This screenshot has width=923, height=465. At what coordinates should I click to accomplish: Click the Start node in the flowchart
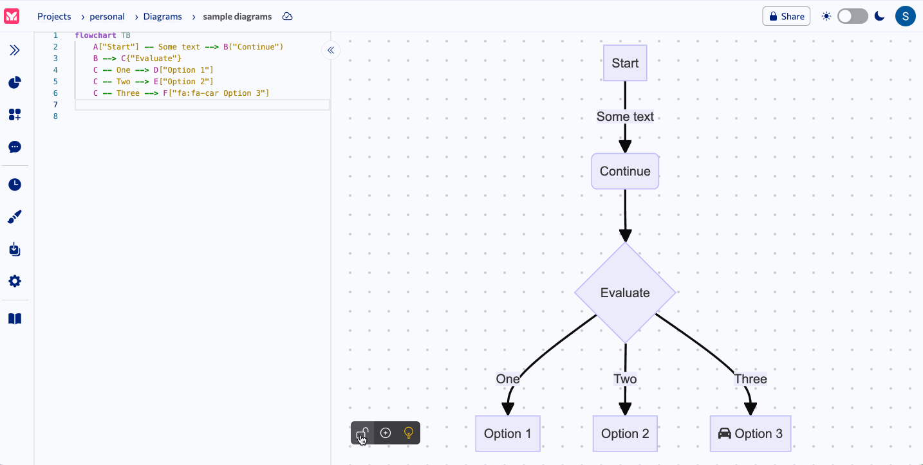[x=624, y=63]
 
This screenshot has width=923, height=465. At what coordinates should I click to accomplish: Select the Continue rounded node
[x=624, y=171]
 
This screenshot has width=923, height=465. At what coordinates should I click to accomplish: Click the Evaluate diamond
[x=624, y=293]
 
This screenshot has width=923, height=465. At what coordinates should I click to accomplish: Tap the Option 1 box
[x=507, y=433]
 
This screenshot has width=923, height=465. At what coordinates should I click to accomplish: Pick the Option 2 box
[x=624, y=433]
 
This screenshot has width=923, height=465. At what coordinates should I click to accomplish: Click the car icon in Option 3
[x=724, y=433]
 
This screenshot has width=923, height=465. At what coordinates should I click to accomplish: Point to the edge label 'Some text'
[x=624, y=116]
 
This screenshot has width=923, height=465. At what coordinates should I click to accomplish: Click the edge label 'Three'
[x=750, y=379]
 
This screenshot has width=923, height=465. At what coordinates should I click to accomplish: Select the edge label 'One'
[x=507, y=379]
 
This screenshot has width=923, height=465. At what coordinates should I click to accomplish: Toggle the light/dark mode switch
[x=852, y=16]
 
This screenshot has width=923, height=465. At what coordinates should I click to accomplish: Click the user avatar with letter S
[x=905, y=16]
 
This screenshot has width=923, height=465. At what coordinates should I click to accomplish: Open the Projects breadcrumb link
[x=54, y=17]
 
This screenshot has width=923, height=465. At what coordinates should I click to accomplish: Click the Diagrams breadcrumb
[x=162, y=17]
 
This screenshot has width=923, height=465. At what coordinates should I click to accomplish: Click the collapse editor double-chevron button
[x=331, y=50]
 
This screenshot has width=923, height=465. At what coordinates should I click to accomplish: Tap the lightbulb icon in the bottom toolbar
[x=408, y=433]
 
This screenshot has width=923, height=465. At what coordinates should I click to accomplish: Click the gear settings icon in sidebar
[x=15, y=281]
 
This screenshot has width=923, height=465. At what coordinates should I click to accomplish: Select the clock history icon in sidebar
[x=15, y=185]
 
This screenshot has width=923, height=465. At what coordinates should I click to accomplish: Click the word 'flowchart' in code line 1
[x=95, y=35]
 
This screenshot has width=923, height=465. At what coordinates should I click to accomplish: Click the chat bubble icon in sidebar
[x=15, y=147]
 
